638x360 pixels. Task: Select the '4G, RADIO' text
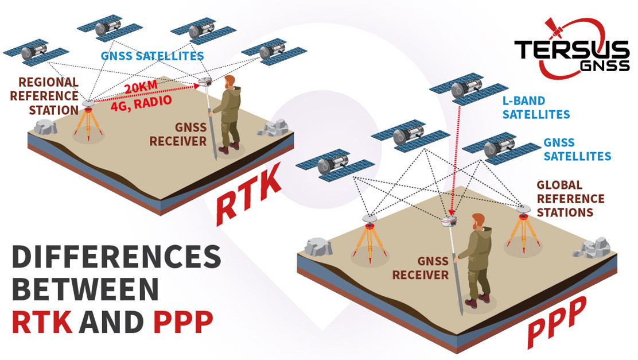point(142,104)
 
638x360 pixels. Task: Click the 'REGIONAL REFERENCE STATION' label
point(44,96)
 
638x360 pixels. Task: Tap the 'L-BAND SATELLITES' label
point(536,107)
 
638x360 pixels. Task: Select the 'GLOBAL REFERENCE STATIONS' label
point(570,199)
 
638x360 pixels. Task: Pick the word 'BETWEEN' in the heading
point(85,289)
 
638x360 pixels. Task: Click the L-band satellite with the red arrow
point(469,89)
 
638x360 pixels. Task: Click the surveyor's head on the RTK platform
point(230,82)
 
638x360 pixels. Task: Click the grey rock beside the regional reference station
point(45,127)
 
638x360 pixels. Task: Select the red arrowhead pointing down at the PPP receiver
point(451,211)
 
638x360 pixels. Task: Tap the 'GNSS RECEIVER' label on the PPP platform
point(421,268)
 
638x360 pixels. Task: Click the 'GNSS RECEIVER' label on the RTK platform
point(178,134)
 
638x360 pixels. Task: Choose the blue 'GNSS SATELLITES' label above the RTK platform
point(152,56)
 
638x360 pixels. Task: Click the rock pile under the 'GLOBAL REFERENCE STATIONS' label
point(593,249)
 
